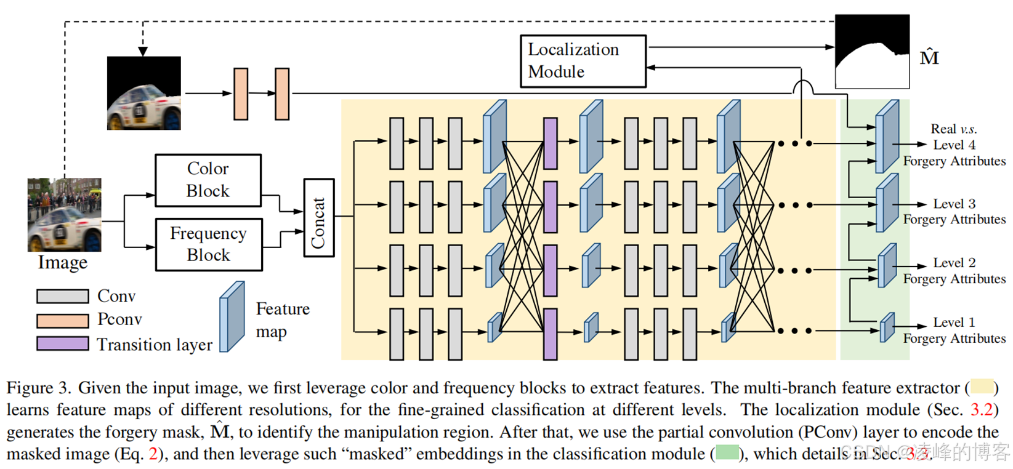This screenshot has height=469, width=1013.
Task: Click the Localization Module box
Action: [583, 61]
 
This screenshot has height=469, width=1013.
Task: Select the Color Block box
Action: [208, 180]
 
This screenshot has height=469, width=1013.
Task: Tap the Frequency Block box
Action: [209, 244]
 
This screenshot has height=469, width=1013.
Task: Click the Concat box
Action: [318, 217]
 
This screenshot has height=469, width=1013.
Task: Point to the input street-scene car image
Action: [64, 215]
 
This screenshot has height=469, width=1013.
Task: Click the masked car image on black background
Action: [143, 93]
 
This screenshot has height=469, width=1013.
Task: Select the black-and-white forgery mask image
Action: [871, 52]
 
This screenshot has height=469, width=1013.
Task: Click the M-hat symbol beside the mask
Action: [929, 57]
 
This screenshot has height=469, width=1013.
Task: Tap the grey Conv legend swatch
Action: [62, 296]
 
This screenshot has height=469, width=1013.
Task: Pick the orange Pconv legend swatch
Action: [62, 320]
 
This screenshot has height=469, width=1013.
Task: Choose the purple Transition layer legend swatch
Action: [62, 343]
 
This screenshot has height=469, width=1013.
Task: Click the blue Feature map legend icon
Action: [232, 316]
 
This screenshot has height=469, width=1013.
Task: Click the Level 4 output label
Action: [954, 145]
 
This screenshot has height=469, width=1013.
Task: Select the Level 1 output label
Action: [954, 323]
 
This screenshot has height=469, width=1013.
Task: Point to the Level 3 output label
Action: [954, 204]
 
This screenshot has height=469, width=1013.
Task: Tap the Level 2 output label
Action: [954, 263]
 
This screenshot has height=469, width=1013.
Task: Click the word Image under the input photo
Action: [63, 263]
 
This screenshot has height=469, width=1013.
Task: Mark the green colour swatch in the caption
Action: [727, 454]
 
